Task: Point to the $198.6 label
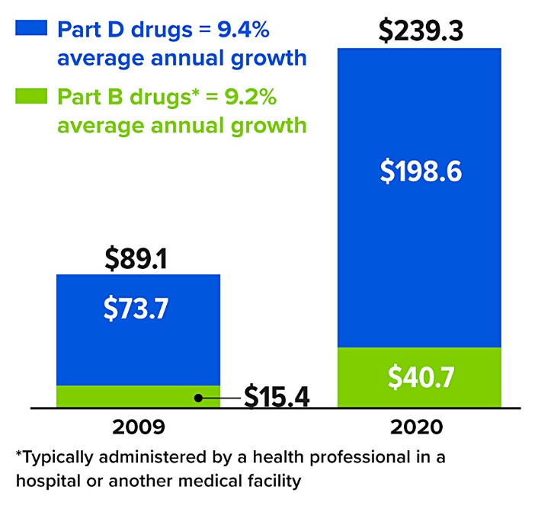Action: pyautogui.click(x=421, y=171)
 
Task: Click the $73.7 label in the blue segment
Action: pyautogui.click(x=138, y=309)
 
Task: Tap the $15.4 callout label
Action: pyautogui.click(x=277, y=398)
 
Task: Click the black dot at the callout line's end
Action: pyautogui.click(x=198, y=398)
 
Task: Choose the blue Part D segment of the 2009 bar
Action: pyautogui.click(x=138, y=335)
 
